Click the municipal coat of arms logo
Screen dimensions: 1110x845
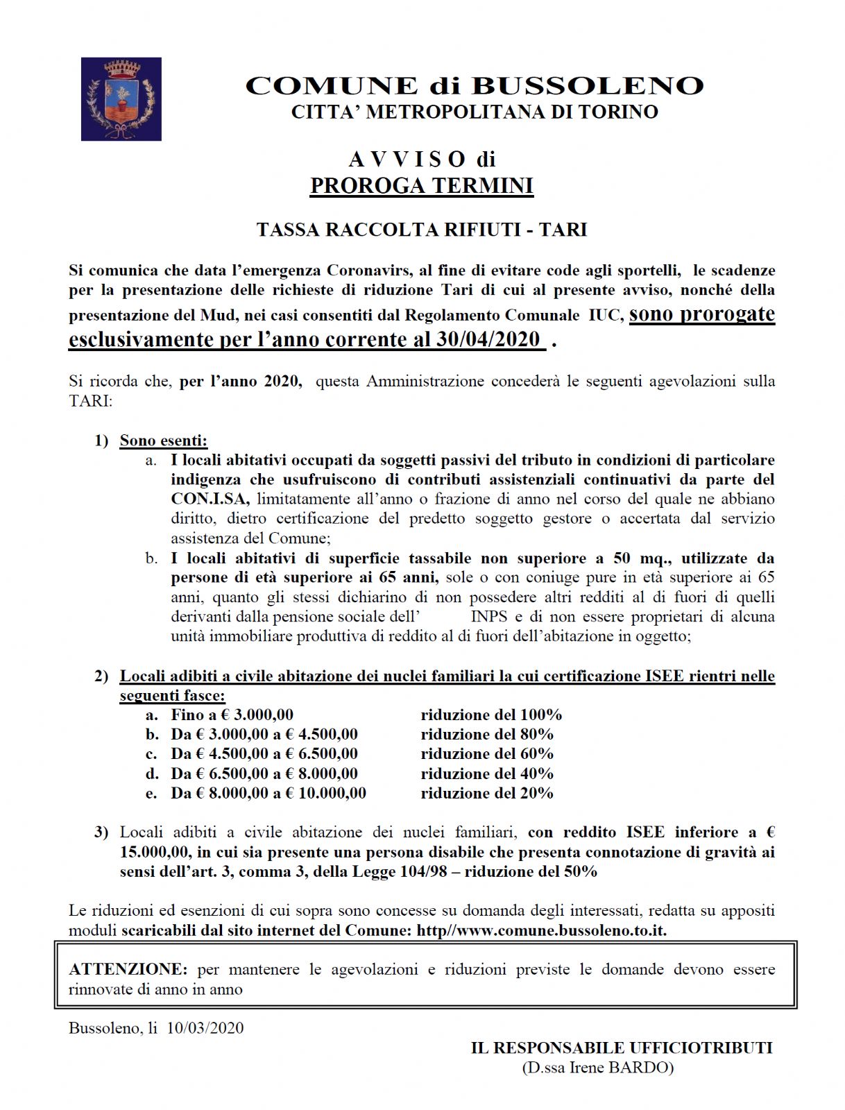coord(121,99)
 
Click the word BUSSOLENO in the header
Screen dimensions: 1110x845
coord(588,86)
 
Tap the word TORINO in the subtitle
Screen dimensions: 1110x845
coord(617,112)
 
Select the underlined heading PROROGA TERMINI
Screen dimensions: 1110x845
coord(422,186)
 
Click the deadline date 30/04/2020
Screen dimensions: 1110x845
coord(488,339)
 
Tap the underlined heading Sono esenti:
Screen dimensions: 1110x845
coord(164,441)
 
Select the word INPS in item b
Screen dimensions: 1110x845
coord(490,617)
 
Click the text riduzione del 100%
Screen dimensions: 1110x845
coord(491,715)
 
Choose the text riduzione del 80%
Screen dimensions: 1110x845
coord(487,734)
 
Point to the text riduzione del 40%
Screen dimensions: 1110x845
coord(487,774)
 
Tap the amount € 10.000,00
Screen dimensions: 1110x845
coord(325,793)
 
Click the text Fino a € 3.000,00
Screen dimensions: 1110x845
coord(232,715)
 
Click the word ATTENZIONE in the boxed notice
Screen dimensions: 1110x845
coord(128,969)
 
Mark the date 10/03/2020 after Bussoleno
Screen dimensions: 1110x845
coord(205,1027)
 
